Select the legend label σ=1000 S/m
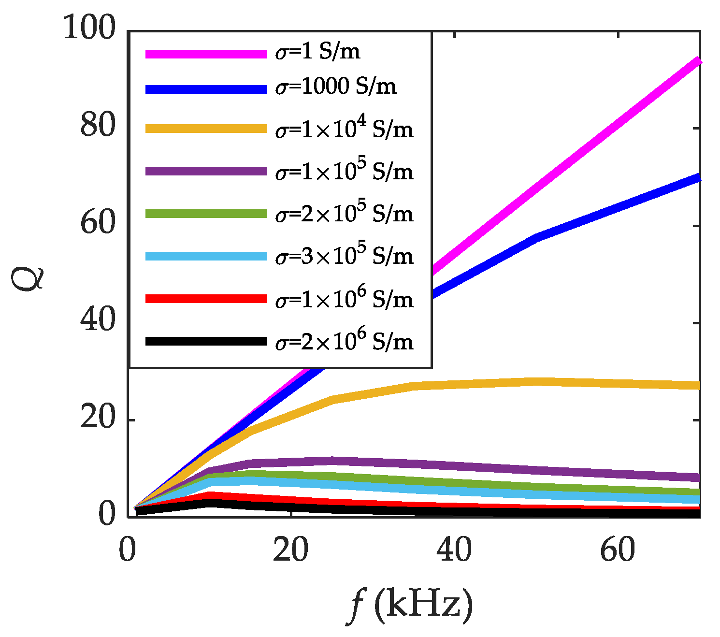(336, 87)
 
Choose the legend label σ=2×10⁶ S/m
(344, 341)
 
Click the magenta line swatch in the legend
(206, 53)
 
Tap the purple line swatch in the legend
(206, 171)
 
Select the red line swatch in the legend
(206, 299)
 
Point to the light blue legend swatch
(206, 256)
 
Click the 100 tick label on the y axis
(89, 29)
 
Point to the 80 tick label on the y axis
(98, 127)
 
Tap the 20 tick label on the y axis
(98, 419)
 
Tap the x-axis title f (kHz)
(409, 605)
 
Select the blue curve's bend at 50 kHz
(536, 237)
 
